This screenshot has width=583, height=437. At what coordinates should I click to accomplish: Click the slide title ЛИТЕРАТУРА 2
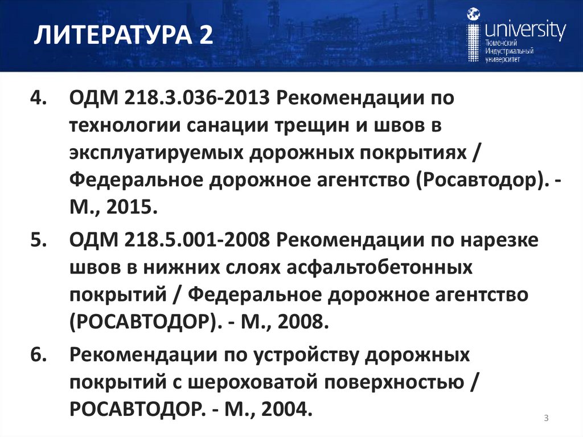(x=123, y=38)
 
